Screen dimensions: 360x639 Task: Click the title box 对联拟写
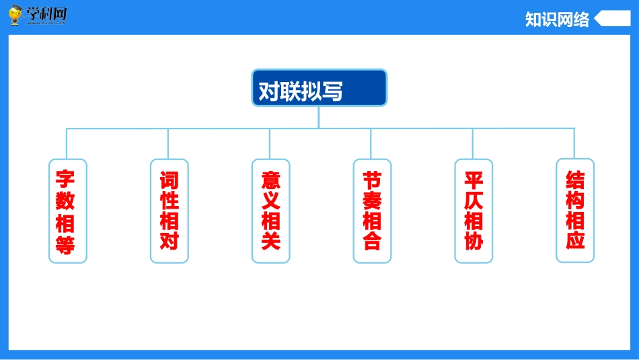tap(319, 87)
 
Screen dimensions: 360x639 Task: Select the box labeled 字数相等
tap(67, 211)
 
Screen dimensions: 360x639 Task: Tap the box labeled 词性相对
tap(169, 211)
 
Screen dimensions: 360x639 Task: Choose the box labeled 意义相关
tap(270, 211)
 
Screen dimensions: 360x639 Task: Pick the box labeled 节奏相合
tap(372, 211)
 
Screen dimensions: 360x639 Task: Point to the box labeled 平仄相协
tap(474, 211)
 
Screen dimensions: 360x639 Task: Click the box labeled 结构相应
tap(575, 211)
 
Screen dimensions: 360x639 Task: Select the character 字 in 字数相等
tap(66, 180)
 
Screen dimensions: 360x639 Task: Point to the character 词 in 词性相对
tap(169, 180)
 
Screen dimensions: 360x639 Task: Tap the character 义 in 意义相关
tap(270, 201)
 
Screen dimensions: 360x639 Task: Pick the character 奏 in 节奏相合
tap(372, 201)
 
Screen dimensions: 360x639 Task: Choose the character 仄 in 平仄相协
tap(474, 201)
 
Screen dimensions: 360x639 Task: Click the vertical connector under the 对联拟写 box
tap(319, 116)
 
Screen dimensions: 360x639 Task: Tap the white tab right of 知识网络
tap(613, 19)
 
